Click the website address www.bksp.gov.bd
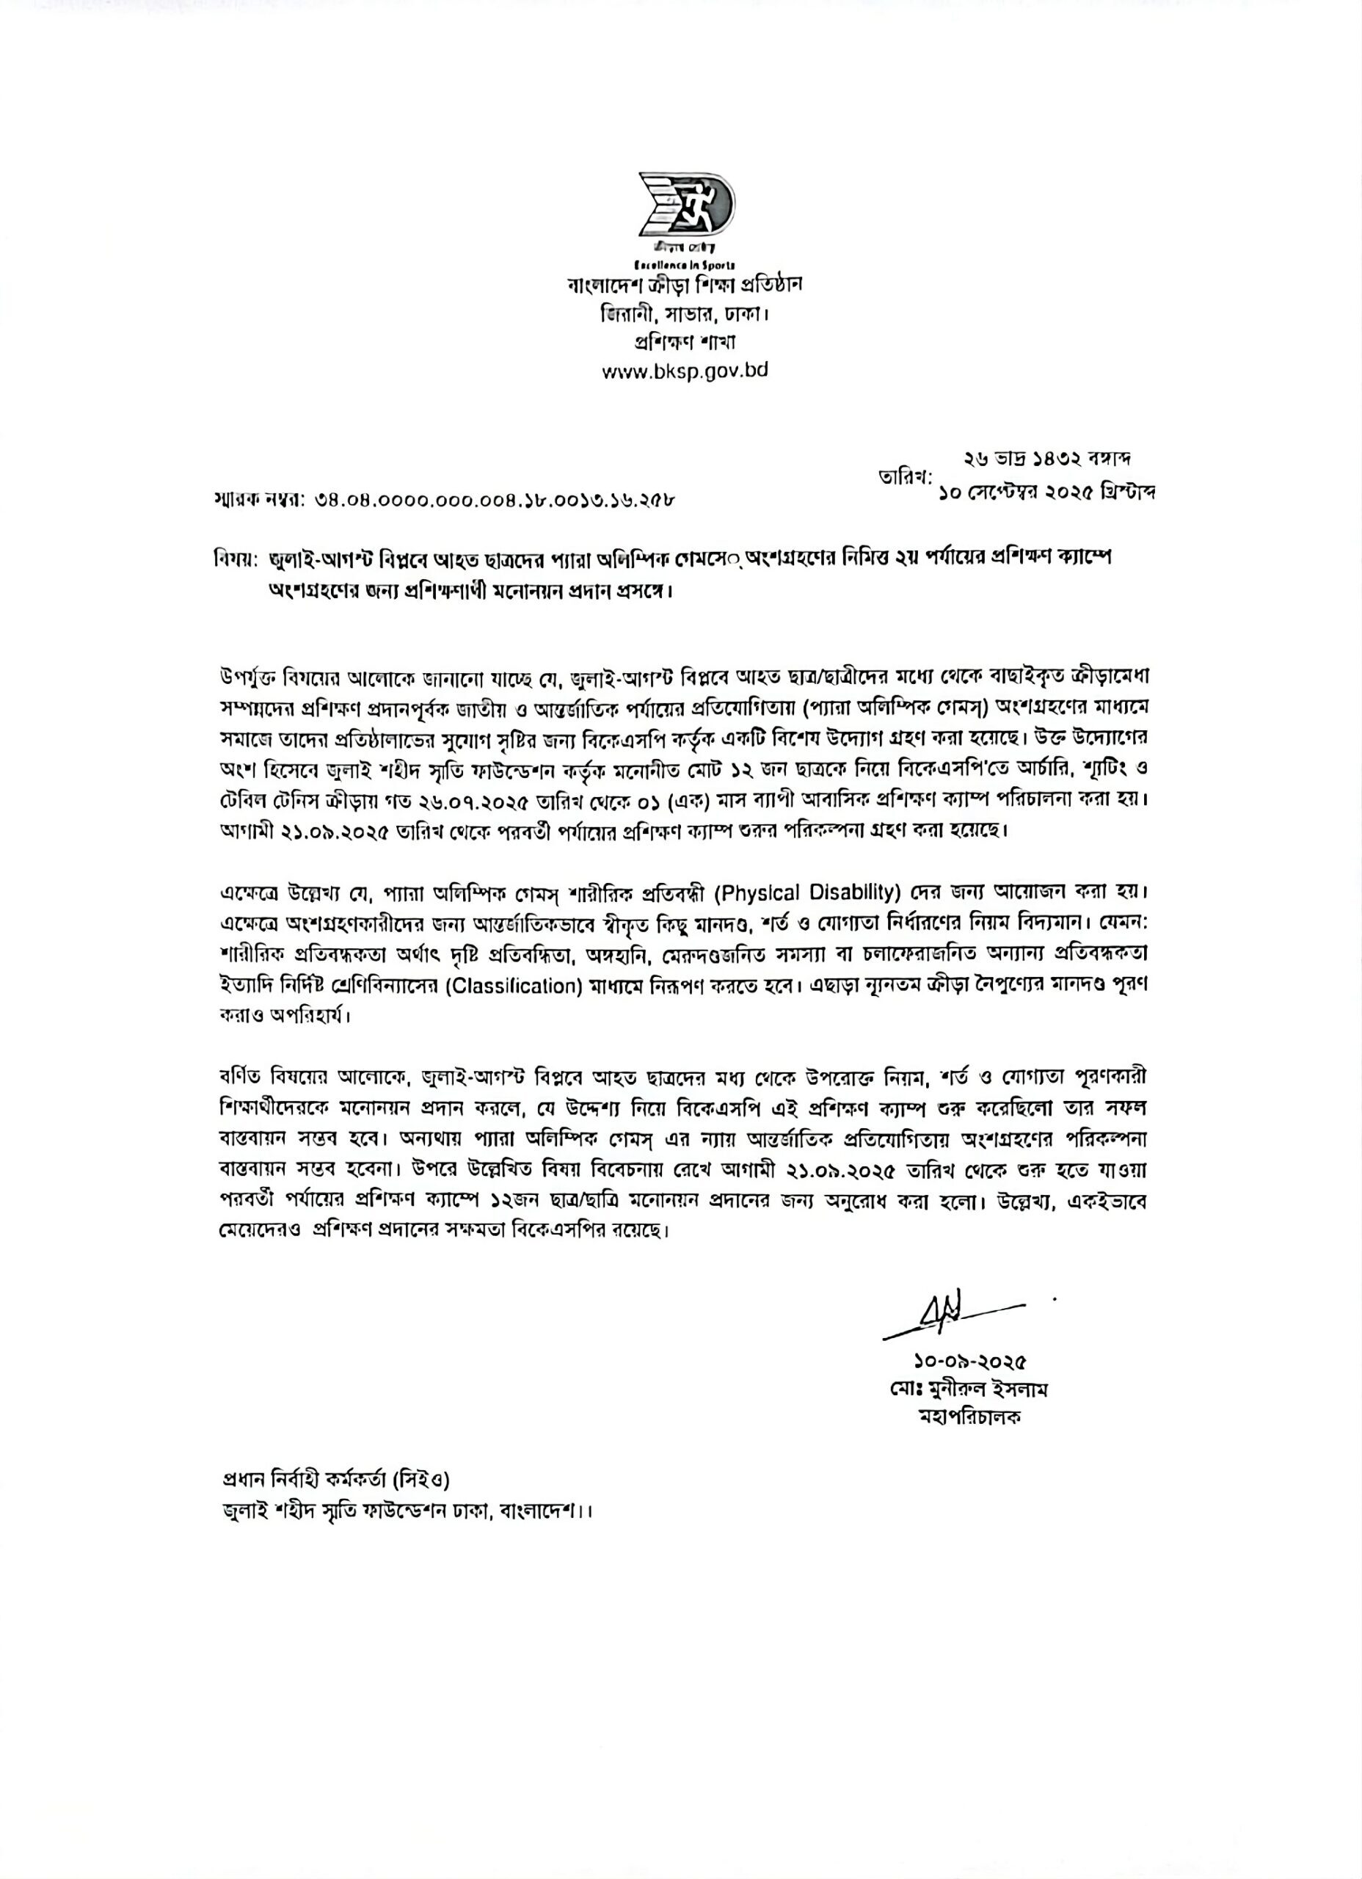685,371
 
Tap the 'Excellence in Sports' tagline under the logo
677,265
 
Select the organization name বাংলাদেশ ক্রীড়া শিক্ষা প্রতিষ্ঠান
685,285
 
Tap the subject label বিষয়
234,559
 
